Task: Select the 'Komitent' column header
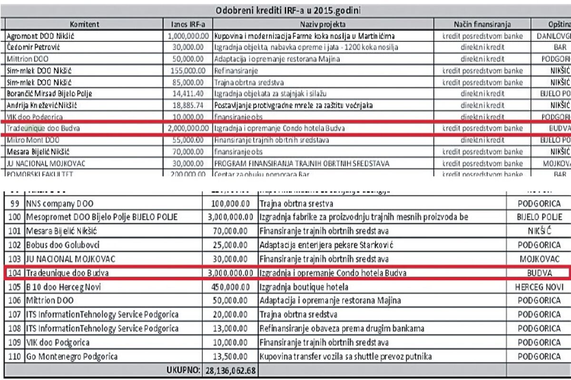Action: click(86, 23)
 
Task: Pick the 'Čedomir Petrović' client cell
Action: click(33, 47)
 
